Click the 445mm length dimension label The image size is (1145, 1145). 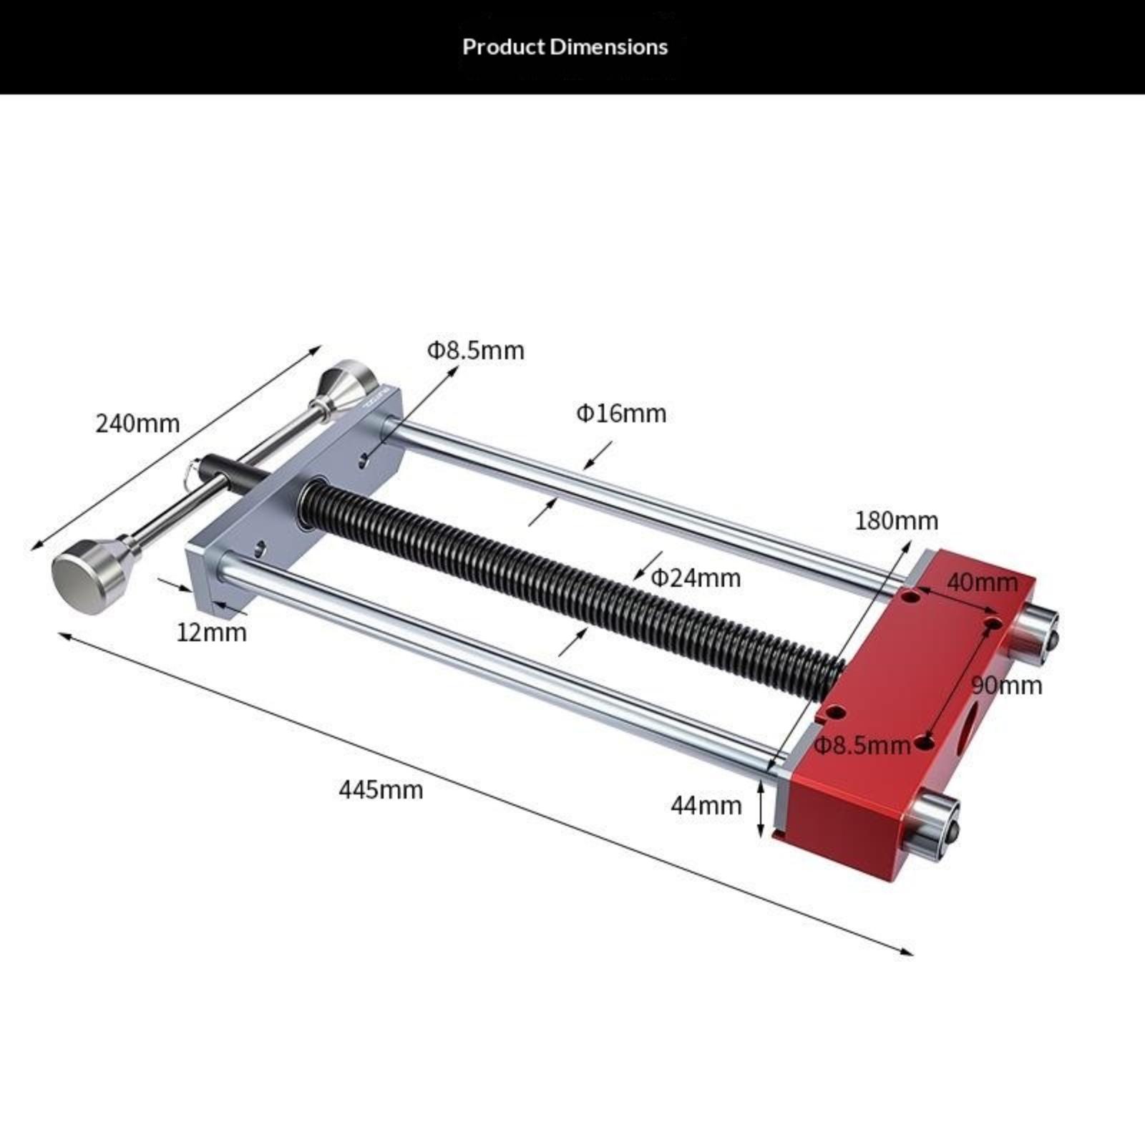381,790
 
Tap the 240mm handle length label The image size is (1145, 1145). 137,424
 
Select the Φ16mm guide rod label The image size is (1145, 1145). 621,414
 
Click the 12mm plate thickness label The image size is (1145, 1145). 212,633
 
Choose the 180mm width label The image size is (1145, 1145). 897,520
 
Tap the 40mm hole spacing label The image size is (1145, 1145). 982,583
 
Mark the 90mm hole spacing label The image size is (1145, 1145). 1007,686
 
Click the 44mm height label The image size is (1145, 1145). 706,806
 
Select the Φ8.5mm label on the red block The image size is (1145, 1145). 863,746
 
